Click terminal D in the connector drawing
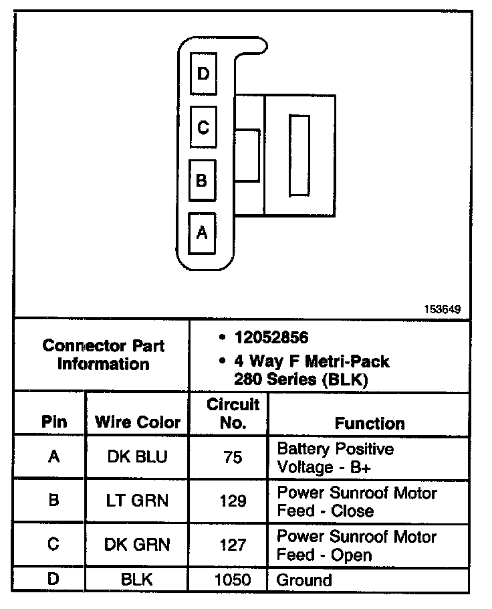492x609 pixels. click(x=203, y=73)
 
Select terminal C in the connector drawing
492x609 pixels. click(x=203, y=126)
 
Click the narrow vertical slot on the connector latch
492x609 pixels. click(x=299, y=155)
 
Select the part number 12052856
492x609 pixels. click(x=271, y=337)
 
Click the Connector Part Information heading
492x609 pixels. click(x=103, y=355)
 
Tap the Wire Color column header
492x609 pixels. click(x=138, y=422)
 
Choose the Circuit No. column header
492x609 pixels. click(x=233, y=414)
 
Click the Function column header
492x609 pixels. click(x=369, y=423)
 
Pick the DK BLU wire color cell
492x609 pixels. click(x=137, y=457)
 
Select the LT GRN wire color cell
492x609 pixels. click(x=137, y=501)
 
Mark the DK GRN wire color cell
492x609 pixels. click(x=137, y=545)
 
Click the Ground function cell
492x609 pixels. click(x=304, y=580)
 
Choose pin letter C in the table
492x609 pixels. click(x=54, y=545)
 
